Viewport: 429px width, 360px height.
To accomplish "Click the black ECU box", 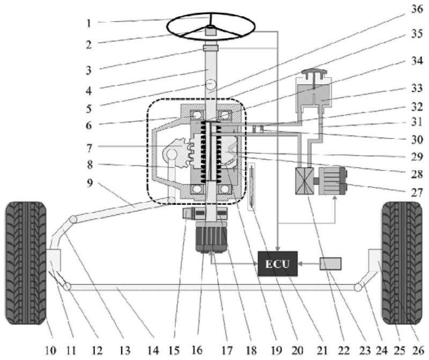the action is coord(278,263).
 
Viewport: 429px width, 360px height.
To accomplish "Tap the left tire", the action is coord(26,263).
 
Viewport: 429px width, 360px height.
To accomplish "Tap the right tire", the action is coord(402,263).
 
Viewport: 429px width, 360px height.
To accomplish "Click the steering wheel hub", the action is coord(211,31).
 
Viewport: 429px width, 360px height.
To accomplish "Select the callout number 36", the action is coord(417,10).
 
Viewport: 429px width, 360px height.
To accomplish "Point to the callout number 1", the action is coord(88,24).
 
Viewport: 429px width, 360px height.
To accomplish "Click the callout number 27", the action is coord(417,193).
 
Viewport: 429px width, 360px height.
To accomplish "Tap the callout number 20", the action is coord(298,350).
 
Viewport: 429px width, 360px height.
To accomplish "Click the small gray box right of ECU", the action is coord(330,263).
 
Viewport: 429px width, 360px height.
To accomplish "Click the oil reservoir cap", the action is coord(314,71).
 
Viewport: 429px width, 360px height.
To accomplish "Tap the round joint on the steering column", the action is coord(211,85).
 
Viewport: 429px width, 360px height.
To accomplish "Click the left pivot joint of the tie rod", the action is coord(67,287).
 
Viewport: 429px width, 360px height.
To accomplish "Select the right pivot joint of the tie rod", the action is coord(358,288).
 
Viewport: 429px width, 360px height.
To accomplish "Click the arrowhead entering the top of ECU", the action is coord(278,248).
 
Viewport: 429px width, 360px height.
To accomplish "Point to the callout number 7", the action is coord(89,148).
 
